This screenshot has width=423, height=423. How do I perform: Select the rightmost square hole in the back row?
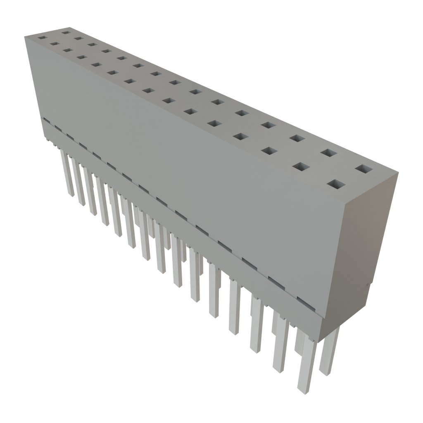click(x=364, y=169)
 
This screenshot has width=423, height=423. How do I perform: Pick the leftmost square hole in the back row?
click(x=65, y=32)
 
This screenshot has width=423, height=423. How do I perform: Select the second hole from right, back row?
click(x=329, y=153)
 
